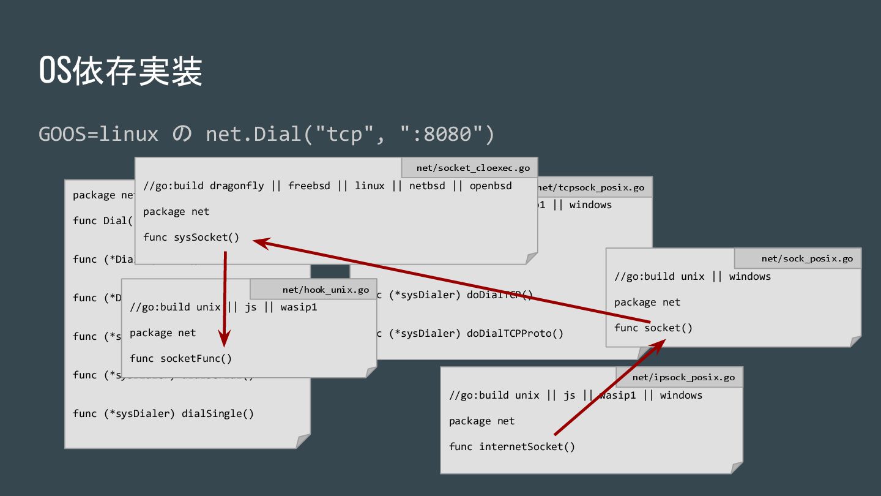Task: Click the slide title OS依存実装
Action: point(121,72)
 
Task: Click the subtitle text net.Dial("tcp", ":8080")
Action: point(349,133)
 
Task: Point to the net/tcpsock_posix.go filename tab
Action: point(591,187)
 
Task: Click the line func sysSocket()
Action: point(191,237)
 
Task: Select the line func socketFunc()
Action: point(180,358)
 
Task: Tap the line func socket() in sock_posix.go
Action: point(653,328)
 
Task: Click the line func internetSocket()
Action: point(511,446)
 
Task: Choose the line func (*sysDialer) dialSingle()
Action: point(163,413)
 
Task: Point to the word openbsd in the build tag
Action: point(491,186)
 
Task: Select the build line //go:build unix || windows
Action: point(692,276)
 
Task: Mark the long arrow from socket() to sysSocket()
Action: point(453,282)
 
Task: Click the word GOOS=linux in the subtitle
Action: point(99,133)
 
